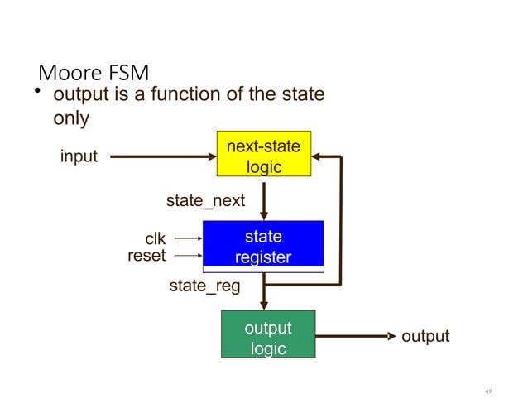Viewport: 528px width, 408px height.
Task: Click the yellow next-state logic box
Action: (x=263, y=154)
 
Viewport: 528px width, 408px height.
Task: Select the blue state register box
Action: (x=263, y=246)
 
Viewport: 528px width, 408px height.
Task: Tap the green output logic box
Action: (x=268, y=334)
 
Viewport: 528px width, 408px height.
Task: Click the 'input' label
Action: (x=79, y=156)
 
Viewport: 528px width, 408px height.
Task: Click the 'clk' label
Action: (x=156, y=240)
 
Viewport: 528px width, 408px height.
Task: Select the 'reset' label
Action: (x=146, y=256)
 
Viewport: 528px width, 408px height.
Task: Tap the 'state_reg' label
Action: (x=204, y=286)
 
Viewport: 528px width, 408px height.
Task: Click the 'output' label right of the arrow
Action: (x=425, y=336)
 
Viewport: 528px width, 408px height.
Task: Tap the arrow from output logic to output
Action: (x=356, y=336)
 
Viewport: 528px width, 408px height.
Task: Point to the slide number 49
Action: (x=487, y=391)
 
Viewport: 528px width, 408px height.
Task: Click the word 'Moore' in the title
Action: (x=68, y=73)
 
